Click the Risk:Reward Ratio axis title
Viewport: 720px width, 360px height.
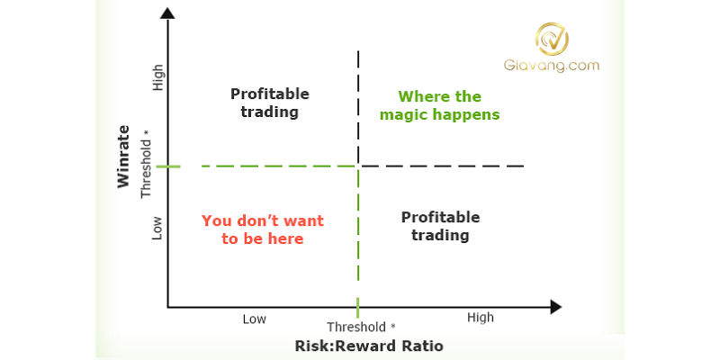[369, 346]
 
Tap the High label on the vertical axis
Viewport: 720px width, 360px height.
[158, 78]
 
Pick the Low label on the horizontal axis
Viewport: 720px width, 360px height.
[255, 319]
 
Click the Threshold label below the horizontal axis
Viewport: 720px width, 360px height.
[360, 327]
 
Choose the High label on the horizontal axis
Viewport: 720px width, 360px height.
[480, 318]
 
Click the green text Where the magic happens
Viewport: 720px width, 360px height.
[439, 105]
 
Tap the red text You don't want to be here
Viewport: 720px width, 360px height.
[262, 229]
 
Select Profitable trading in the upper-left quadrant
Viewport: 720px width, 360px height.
[269, 103]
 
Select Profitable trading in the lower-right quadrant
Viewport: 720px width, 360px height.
[440, 226]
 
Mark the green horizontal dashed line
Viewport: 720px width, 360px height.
[261, 166]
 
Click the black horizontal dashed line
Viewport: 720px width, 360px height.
[441, 166]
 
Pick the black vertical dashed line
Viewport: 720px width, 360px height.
[359, 108]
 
